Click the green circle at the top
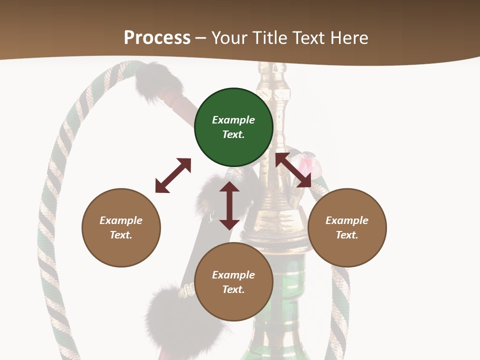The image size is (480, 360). click(233, 127)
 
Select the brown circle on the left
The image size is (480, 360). click(121, 227)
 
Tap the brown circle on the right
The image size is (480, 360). click(347, 227)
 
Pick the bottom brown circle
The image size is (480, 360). click(233, 282)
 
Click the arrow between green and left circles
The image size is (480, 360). click(173, 175)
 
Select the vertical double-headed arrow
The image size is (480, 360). click(229, 205)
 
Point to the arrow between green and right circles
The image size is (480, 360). click(293, 170)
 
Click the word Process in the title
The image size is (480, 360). click(157, 37)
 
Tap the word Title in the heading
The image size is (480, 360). click(270, 37)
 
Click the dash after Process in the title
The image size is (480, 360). click(201, 38)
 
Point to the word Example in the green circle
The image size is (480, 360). click(233, 120)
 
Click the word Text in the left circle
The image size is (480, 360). click(121, 235)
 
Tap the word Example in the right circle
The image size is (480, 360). click(347, 220)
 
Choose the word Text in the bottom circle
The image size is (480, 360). click(233, 289)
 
